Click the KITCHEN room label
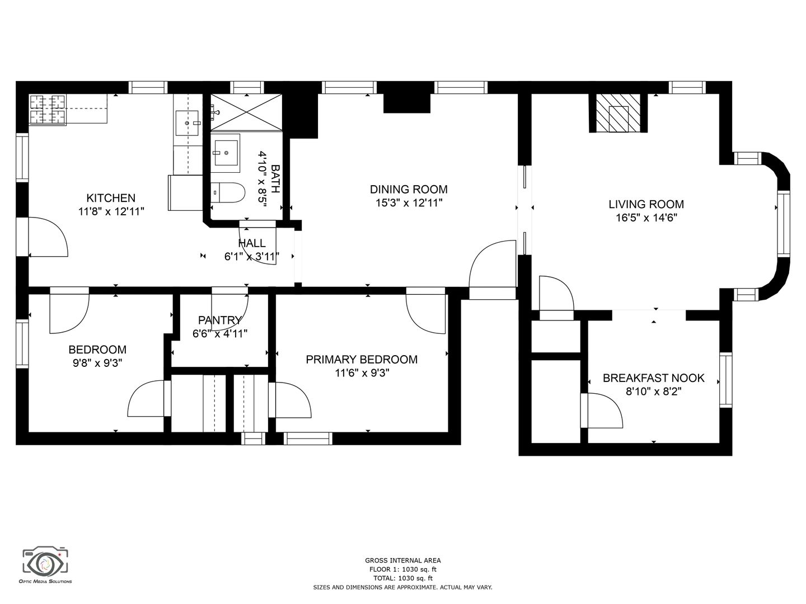coord(111,198)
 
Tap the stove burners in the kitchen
coord(48,109)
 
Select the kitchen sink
coord(188,124)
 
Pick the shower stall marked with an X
coord(246,112)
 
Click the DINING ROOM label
coord(409,190)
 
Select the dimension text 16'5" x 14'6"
coord(646,218)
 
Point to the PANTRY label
coord(219,320)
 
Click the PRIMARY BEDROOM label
coord(362,360)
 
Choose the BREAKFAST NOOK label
coord(654,378)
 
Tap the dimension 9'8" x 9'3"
coord(97,363)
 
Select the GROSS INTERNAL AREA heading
coord(403,560)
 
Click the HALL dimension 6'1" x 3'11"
coord(251,257)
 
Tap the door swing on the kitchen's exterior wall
coord(48,237)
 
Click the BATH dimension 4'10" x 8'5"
coord(263,179)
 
